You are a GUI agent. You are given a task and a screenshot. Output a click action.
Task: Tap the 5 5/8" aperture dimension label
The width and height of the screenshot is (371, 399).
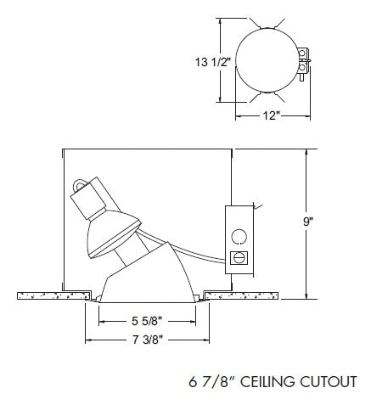pos(148,322)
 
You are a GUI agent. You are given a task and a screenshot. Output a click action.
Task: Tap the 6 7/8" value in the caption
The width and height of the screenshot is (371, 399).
pos(210,379)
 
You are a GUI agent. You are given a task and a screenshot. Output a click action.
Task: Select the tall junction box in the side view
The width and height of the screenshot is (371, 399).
pos(239,240)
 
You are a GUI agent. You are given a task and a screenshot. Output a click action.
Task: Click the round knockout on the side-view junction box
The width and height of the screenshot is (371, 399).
pos(239,236)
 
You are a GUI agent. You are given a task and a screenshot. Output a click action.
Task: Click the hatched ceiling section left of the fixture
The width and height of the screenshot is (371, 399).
pos(51,295)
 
